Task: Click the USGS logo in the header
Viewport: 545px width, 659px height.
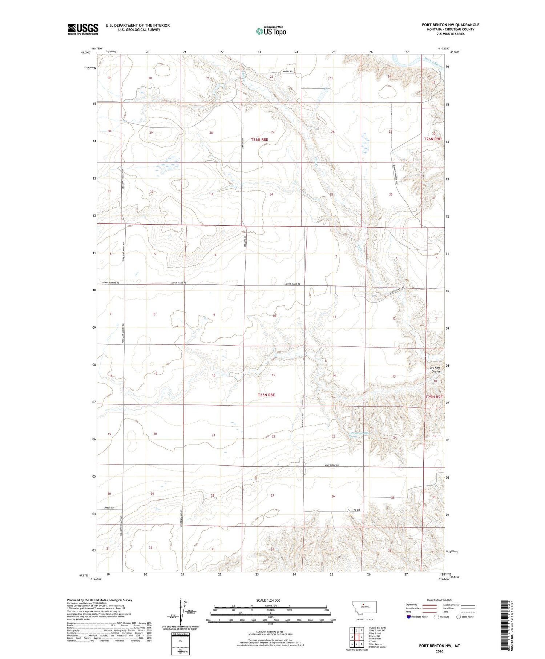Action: [x=83, y=29]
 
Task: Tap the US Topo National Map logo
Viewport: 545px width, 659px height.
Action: [x=271, y=31]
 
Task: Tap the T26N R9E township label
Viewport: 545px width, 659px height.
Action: [x=433, y=139]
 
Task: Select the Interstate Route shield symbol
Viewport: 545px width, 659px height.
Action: [x=409, y=617]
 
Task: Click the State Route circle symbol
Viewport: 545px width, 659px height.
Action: [x=459, y=617]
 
